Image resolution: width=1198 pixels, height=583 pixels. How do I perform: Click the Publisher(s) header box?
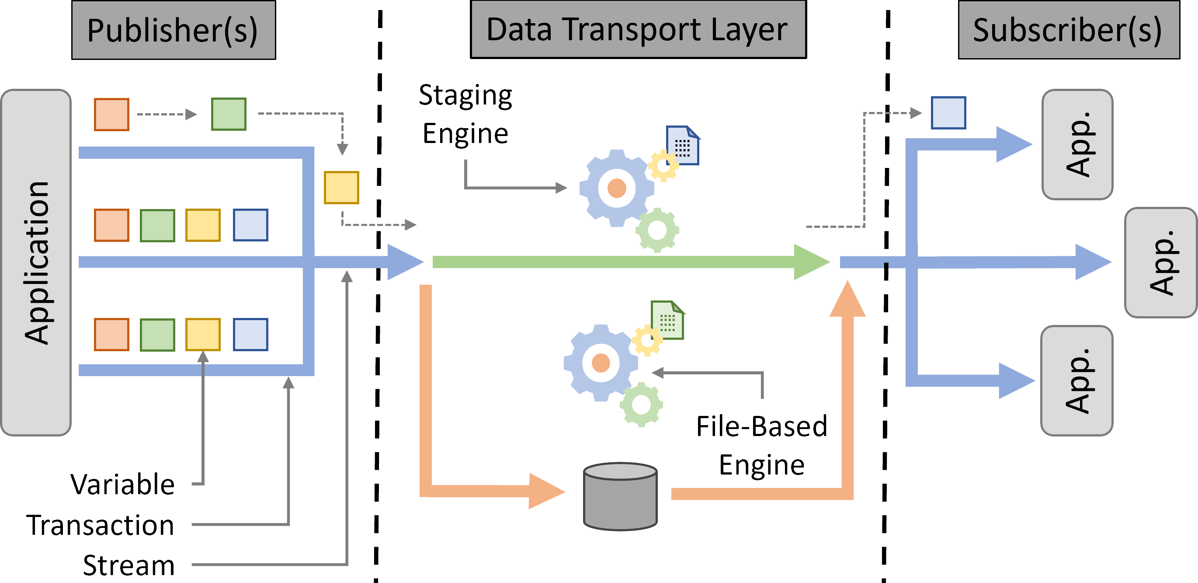click(174, 30)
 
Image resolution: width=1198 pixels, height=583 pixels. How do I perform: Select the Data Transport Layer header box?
click(638, 29)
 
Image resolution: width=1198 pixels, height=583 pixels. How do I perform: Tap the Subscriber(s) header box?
click(1069, 30)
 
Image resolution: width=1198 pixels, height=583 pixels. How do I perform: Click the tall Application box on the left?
click(36, 262)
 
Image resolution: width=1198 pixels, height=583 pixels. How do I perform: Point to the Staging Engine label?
click(465, 114)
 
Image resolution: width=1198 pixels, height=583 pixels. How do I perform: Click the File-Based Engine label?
click(761, 445)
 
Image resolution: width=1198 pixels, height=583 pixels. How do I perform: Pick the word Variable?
click(122, 484)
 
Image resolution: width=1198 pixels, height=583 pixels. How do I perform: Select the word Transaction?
click(100, 525)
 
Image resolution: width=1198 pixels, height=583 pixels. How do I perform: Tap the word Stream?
click(128, 565)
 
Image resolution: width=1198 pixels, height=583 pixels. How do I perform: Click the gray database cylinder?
click(620, 496)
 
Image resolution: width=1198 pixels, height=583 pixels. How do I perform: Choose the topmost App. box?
click(1077, 144)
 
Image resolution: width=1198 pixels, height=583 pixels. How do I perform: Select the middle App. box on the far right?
click(1161, 262)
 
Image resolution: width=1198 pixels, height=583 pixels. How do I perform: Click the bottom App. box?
click(1076, 381)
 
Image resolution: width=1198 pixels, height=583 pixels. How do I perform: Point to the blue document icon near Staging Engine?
click(683, 145)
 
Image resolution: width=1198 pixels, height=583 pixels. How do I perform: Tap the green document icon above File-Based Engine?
click(667, 320)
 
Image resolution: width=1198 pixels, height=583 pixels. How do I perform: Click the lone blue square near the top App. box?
click(948, 112)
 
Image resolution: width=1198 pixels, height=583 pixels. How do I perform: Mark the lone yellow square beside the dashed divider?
click(341, 188)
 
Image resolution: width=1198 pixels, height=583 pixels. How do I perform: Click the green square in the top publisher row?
click(228, 114)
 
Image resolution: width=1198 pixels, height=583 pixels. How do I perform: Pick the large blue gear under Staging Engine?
click(616, 188)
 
